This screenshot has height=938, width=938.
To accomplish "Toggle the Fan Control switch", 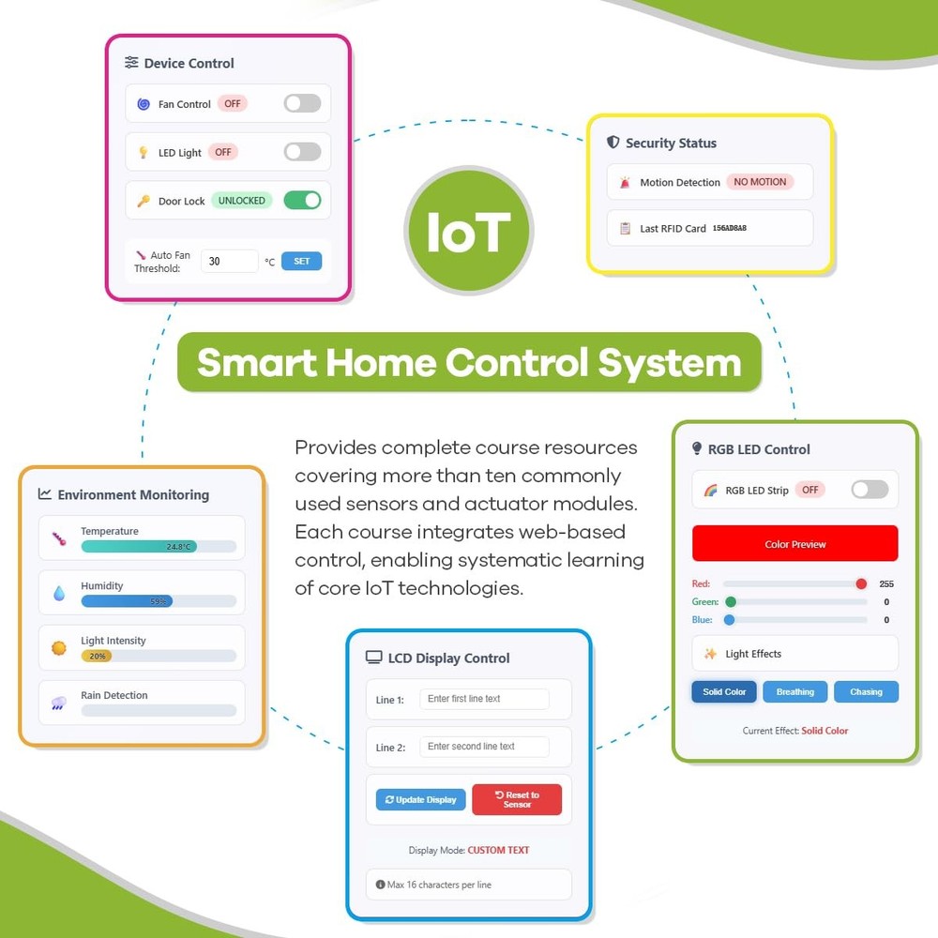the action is coord(302,103).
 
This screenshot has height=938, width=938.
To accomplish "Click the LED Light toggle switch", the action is coord(302,152).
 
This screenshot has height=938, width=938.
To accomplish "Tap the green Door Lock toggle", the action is coord(302,201).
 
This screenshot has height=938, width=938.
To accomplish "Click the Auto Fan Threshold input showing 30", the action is coord(229,261).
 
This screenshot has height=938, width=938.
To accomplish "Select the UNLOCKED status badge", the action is coord(242,201).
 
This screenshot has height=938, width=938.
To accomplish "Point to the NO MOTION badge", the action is coord(760,182).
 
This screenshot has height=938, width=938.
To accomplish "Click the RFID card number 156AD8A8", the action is coord(729,228).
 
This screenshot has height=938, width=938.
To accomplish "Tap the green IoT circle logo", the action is coord(468,231).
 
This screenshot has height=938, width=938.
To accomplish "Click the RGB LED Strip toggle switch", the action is coord(870,490).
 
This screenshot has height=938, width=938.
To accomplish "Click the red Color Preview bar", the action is coord(795,544).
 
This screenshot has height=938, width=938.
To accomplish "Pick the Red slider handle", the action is coord(861,583).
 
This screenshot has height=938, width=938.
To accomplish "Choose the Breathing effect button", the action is coord(795,691).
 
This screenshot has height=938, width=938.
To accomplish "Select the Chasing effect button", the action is coord(866,691).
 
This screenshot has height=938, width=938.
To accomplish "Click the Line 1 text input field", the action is coord(485,699).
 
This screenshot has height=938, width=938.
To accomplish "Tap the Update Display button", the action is coord(420,800).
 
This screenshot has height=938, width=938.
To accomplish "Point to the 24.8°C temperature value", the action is coord(178,547).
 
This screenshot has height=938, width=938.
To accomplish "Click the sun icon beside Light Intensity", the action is coord(58,648).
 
